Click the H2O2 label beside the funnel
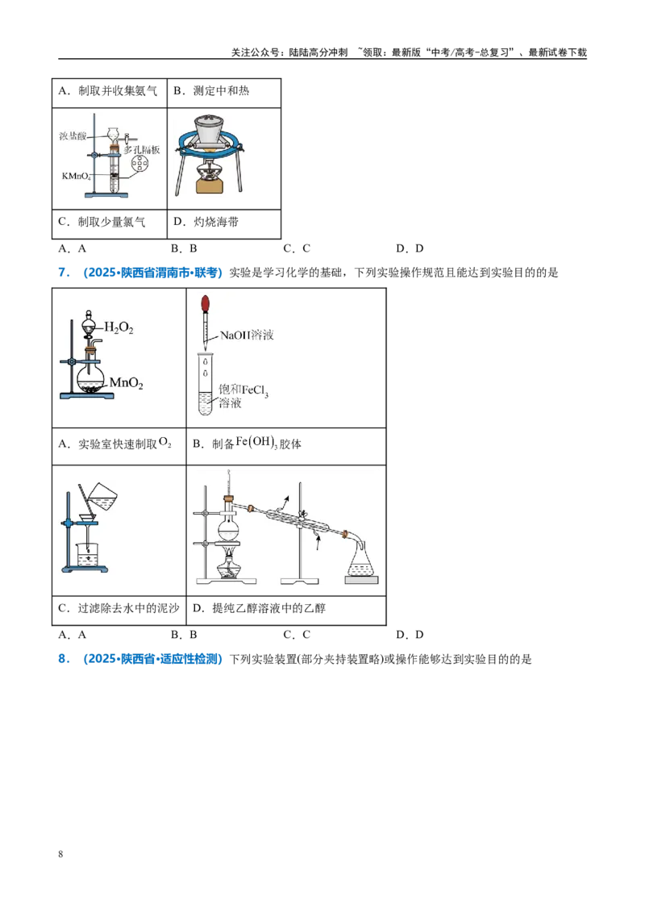tap(119, 327)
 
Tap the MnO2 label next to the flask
tap(127, 383)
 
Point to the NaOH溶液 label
tap(247, 335)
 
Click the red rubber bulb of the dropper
tap(205, 304)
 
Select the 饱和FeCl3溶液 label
tap(243, 396)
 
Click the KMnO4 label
tap(77, 176)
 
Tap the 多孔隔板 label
tap(141, 150)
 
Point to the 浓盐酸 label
tap(73, 135)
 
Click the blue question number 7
tap(64, 273)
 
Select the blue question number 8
tap(64, 659)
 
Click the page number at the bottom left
tap(60, 854)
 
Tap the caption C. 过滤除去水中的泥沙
tap(119, 608)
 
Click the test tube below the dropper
tap(205, 383)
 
